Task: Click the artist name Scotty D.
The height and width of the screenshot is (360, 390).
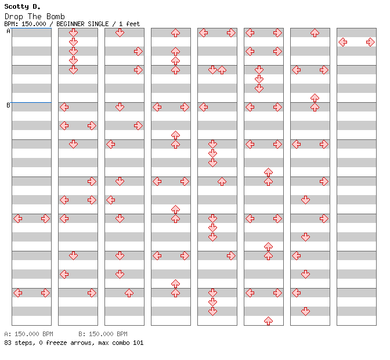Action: (23, 6)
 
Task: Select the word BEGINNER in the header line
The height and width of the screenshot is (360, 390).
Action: (70, 24)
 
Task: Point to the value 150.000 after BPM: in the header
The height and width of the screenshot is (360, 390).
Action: (34, 24)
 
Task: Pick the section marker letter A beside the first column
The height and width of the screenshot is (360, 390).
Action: (9, 31)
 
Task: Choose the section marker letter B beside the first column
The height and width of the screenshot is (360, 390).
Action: (9, 105)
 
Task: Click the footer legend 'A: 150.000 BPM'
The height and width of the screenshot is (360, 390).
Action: (28, 334)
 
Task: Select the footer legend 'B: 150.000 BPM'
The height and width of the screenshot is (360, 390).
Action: (103, 334)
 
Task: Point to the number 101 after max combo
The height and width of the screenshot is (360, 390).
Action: (138, 343)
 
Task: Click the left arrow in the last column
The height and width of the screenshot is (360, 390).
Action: (343, 42)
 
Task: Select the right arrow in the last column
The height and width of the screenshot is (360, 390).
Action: (370, 42)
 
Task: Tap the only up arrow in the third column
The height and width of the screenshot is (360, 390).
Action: (129, 293)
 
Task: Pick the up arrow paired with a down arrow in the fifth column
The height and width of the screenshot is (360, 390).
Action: (222, 70)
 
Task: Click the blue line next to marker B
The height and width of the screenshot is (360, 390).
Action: (31, 102)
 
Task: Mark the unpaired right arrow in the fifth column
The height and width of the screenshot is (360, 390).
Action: (231, 255)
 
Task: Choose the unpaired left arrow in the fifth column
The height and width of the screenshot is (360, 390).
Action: (204, 107)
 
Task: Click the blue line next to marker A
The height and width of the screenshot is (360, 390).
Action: (31, 28)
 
